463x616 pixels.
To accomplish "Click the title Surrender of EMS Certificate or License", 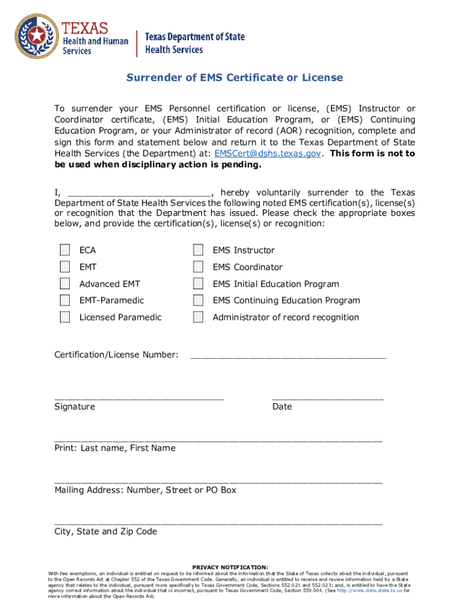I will [234, 78].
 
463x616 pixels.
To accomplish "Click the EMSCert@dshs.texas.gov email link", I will [267, 153].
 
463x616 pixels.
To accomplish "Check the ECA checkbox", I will [64, 250].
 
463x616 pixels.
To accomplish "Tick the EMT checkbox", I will [64, 267].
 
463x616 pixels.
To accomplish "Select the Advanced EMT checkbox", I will [64, 283].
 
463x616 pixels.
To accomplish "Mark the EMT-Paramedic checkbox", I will [64, 300].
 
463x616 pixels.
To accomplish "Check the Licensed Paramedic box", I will [64, 317].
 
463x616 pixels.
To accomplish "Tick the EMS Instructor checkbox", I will [198, 250].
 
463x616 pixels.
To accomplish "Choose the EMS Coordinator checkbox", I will [198, 267].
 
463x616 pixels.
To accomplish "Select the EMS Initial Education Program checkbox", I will [198, 283].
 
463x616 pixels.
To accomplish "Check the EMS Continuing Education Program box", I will [198, 300].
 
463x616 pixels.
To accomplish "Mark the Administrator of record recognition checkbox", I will [198, 317].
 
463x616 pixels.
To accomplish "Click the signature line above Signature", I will [139, 396].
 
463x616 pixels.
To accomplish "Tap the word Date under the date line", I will [282, 407].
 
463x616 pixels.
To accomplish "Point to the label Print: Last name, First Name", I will [115, 448].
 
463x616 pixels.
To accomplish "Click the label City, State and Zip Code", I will [106, 531].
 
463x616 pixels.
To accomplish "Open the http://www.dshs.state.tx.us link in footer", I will [369, 591].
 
